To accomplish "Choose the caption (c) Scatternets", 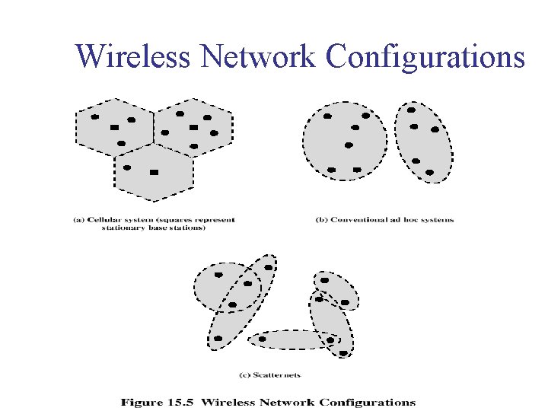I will pyautogui.click(x=270, y=374).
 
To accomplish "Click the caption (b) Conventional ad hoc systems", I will pyautogui.click(x=384, y=220).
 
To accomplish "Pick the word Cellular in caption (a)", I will pyautogui.click(x=111, y=220).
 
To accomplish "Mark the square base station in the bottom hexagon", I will pyautogui.click(x=154, y=173).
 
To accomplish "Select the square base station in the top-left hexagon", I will pyautogui.click(x=114, y=127).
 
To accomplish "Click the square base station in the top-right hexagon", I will pyautogui.click(x=193, y=127).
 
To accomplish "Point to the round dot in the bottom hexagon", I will pyautogui.click(x=127, y=167).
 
